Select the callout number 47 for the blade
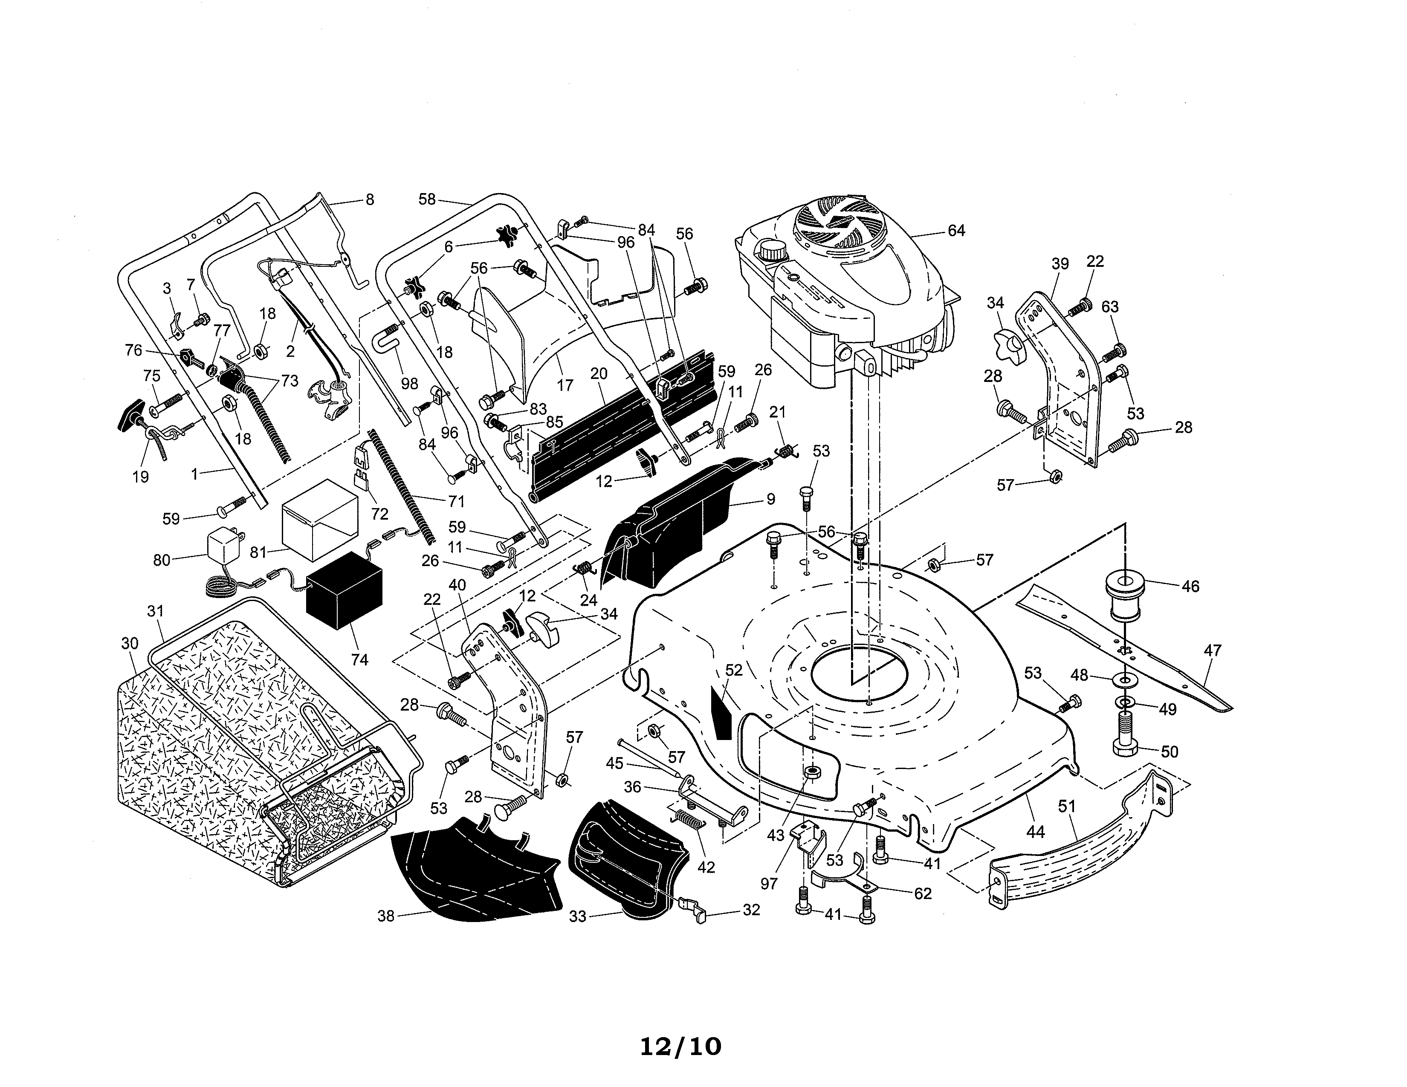tap(1213, 650)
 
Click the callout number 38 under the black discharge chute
tap(386, 915)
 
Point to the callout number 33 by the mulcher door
tap(578, 915)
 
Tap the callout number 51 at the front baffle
tap(1067, 806)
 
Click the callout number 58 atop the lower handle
tap(427, 199)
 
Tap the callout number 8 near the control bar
tap(369, 199)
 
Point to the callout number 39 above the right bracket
tap(1060, 263)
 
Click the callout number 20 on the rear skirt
tap(599, 373)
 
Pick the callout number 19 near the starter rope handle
tap(140, 477)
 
